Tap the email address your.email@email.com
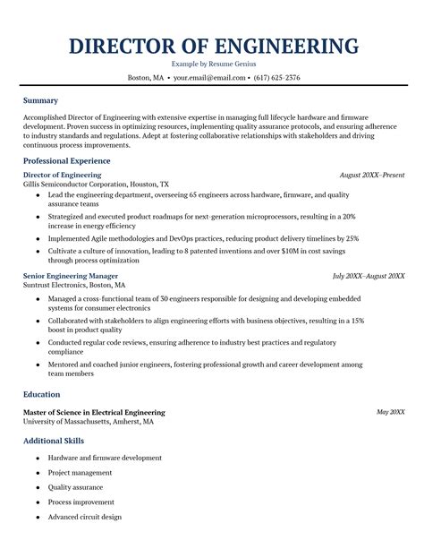[209, 78]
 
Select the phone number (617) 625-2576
[276, 78]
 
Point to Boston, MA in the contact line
[146, 78]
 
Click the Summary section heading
[40, 101]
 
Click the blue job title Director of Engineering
[62, 175]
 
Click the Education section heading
[42, 393]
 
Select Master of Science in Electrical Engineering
[94, 412]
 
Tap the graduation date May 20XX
[390, 412]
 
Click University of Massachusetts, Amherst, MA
[88, 421]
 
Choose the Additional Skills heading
[54, 442]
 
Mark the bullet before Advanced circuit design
[37, 518]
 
